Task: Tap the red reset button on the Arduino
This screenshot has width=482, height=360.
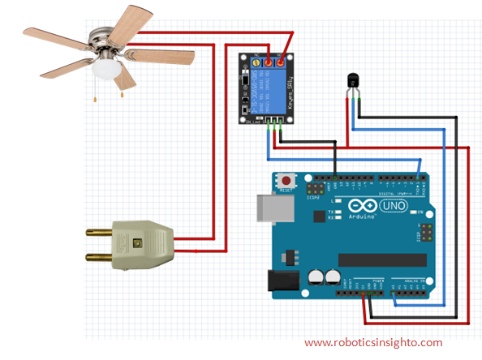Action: point(286,179)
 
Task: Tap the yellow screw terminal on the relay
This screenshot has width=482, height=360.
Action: point(257,62)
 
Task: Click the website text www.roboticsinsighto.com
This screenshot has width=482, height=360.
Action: point(373,342)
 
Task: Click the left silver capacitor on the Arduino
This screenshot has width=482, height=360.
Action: point(315,276)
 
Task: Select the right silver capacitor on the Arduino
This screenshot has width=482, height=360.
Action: point(331,276)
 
